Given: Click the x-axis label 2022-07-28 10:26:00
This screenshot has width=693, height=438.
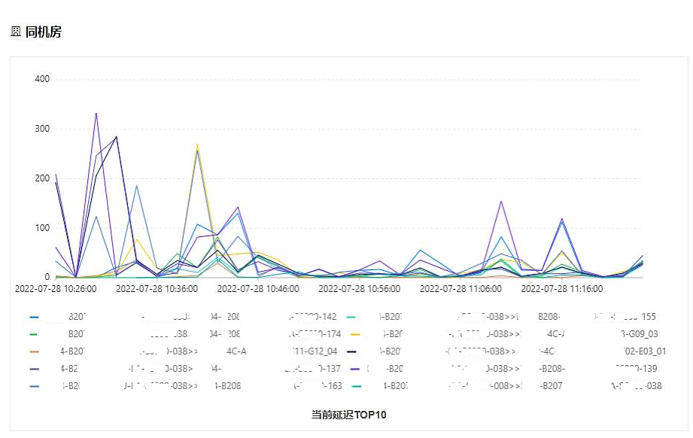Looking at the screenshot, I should click(56, 288).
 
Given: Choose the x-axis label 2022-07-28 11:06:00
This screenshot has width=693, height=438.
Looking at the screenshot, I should click(460, 288).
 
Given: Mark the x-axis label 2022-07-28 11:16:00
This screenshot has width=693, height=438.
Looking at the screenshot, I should click(562, 288).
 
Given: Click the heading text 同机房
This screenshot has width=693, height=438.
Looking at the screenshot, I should click(43, 32).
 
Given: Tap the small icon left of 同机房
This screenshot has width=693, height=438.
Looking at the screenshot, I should click(16, 32).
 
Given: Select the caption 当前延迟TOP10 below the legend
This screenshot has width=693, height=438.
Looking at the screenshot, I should click(348, 415).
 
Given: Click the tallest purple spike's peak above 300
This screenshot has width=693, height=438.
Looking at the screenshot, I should click(96, 114).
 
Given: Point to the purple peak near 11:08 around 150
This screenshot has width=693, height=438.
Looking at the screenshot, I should click(501, 202).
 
